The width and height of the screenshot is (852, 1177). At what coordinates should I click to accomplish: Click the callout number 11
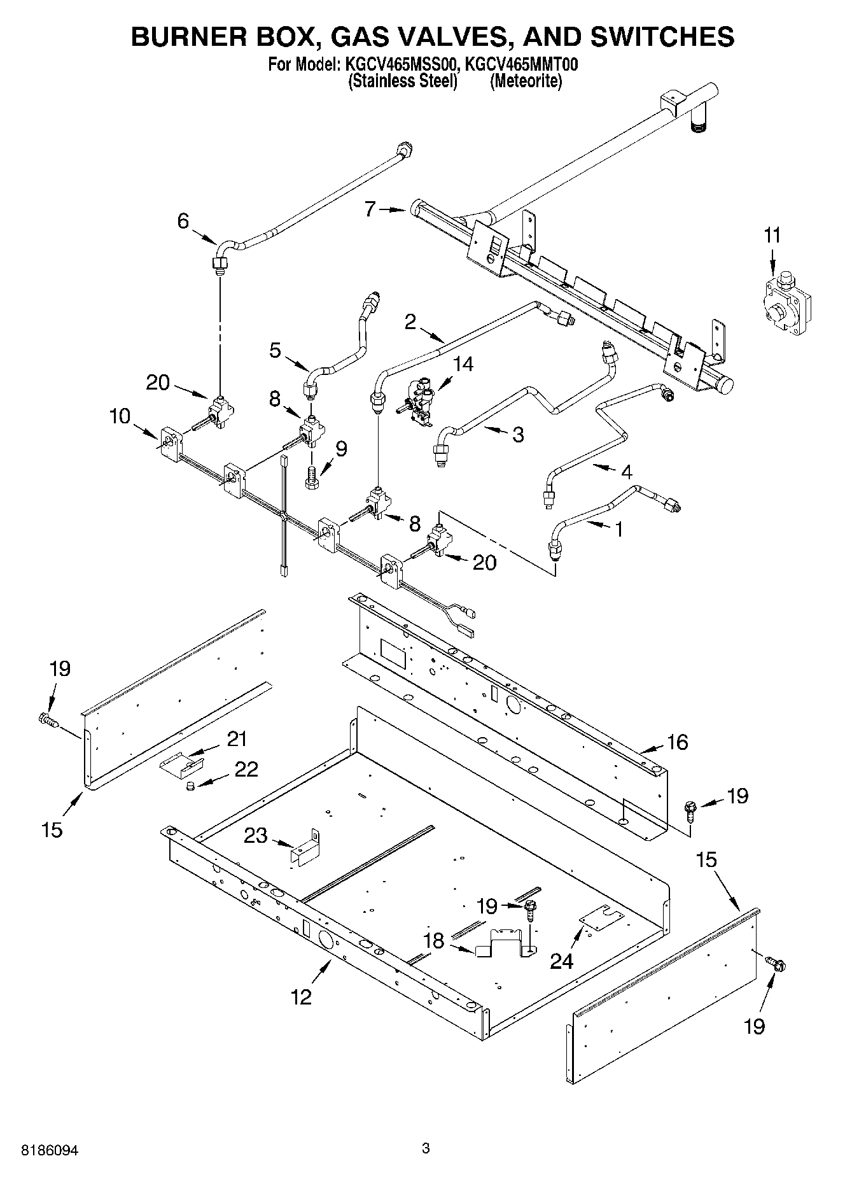tap(771, 236)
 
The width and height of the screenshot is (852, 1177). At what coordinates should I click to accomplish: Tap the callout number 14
tap(463, 365)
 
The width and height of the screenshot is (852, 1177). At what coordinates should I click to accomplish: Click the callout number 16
tap(677, 742)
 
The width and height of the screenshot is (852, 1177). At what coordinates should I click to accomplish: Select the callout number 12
tap(302, 997)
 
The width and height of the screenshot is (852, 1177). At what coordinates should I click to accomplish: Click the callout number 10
tap(119, 416)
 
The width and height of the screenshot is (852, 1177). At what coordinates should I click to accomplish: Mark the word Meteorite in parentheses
tap(526, 82)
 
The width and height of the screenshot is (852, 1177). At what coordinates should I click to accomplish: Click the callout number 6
tap(183, 221)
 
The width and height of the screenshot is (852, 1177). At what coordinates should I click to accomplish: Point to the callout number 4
tap(626, 472)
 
